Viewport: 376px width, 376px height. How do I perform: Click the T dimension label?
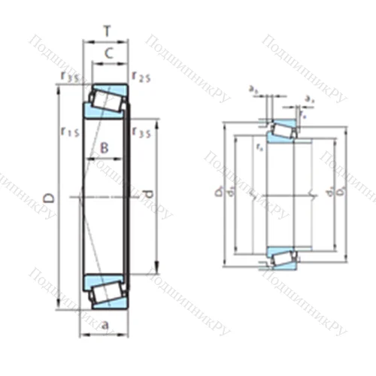[x=106, y=31]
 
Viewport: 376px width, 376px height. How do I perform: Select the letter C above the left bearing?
[x=108, y=53]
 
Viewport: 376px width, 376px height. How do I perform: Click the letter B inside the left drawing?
[x=105, y=148]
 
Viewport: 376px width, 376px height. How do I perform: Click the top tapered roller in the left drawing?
[x=105, y=99]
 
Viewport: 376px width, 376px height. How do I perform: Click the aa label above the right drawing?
[x=310, y=99]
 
